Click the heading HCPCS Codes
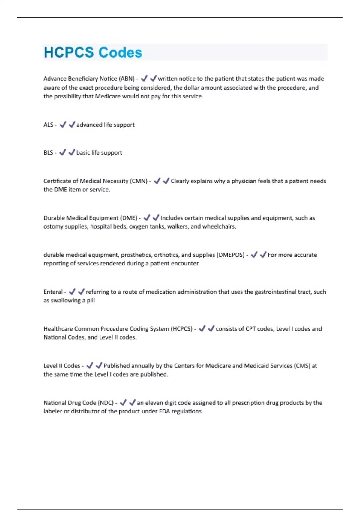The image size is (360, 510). [93, 52]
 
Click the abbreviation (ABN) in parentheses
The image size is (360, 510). [127, 79]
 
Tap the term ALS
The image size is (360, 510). [48, 125]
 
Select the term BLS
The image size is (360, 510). [48, 153]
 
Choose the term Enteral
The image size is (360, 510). [53, 292]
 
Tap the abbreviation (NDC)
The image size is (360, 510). [106, 403]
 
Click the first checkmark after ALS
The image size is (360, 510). [63, 124]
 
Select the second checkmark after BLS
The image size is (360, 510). [72, 152]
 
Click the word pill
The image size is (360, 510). [91, 301]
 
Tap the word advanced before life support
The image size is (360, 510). [89, 125]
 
